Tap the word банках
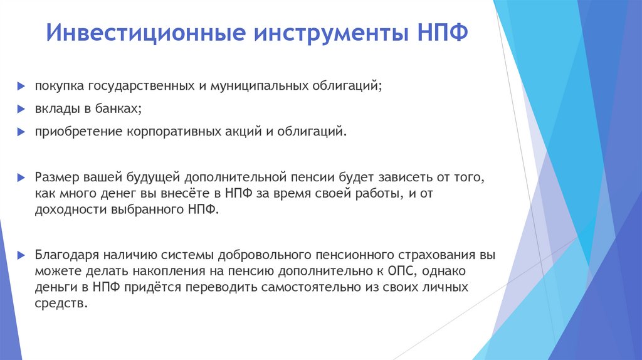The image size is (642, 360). click(117, 109)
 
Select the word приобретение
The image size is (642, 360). click(73, 132)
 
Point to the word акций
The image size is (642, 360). click(243, 132)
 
